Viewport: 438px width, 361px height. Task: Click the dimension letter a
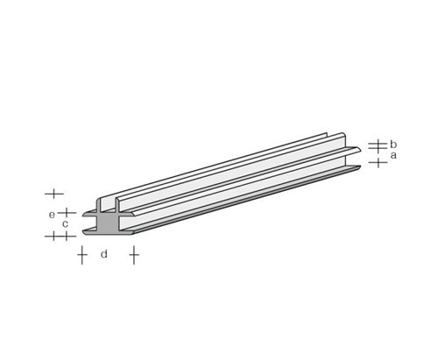tap(394, 155)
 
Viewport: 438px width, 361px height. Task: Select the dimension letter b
tap(394, 144)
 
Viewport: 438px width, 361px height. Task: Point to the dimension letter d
tap(104, 254)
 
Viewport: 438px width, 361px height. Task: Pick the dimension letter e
tap(52, 214)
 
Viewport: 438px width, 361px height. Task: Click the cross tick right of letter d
tap(134, 255)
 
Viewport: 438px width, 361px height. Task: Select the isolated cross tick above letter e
tap(53, 192)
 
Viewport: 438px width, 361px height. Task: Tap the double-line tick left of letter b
tap(377, 144)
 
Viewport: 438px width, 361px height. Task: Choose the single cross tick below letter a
tap(377, 162)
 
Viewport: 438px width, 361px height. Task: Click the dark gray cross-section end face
tap(106, 225)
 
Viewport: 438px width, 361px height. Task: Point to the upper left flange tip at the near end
tap(85, 213)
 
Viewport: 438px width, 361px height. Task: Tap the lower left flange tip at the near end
tap(86, 233)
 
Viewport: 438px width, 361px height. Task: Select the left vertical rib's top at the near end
tap(100, 196)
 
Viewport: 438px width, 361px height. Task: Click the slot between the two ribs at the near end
tap(107, 206)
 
